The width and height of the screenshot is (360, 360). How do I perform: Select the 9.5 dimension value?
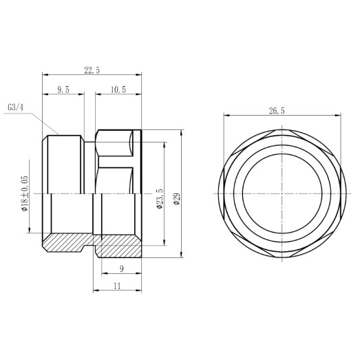63,89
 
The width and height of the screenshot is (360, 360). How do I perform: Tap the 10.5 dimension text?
118,89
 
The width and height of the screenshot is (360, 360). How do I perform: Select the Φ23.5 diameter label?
160,198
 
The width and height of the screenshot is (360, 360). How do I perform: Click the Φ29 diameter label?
177,200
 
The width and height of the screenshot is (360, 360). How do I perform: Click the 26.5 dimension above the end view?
278,110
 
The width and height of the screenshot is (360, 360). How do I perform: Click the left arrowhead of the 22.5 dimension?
45,74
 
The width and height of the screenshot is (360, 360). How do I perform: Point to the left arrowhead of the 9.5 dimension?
45,95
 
